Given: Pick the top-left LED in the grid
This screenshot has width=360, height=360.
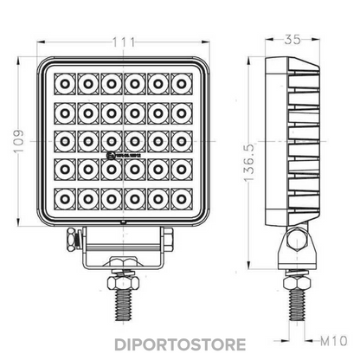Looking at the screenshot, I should [63, 84].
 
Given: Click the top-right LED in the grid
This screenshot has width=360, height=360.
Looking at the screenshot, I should [181, 84].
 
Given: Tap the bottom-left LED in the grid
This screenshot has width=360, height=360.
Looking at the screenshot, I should [63, 200].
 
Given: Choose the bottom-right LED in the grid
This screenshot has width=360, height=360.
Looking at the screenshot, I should [181, 200].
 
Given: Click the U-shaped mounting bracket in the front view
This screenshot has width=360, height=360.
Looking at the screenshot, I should [122, 258].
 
